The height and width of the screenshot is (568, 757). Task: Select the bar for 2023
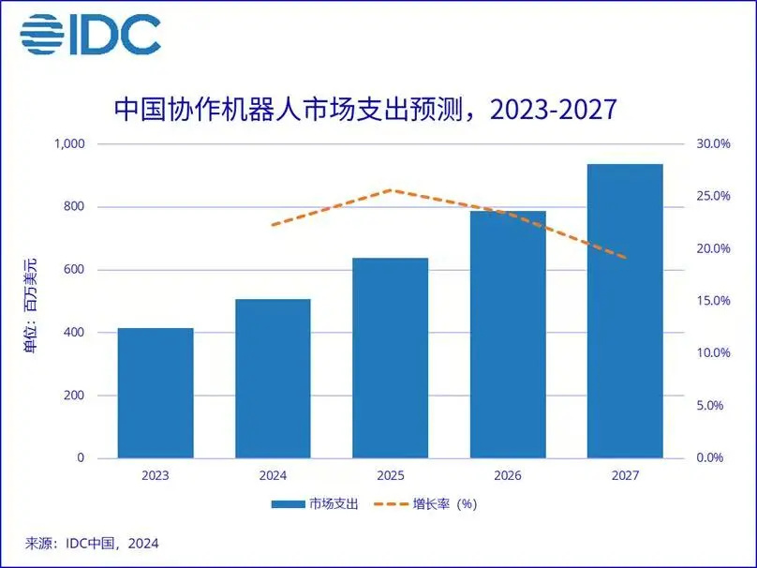(x=156, y=393)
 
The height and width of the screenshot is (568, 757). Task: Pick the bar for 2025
(x=390, y=358)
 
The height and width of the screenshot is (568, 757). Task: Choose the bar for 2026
(x=508, y=335)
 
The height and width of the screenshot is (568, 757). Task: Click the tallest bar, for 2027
(x=625, y=311)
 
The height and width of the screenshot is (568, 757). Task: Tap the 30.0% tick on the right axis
(x=710, y=143)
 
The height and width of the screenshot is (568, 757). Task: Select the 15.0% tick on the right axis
(x=710, y=301)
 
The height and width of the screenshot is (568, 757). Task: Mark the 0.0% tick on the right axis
(x=712, y=458)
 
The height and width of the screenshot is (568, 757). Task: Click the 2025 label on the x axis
(x=390, y=476)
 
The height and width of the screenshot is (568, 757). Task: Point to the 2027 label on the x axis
(x=625, y=476)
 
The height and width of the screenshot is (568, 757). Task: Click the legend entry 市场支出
(x=314, y=503)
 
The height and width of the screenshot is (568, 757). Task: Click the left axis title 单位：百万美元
(x=31, y=300)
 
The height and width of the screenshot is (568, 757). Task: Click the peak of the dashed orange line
(x=390, y=190)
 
